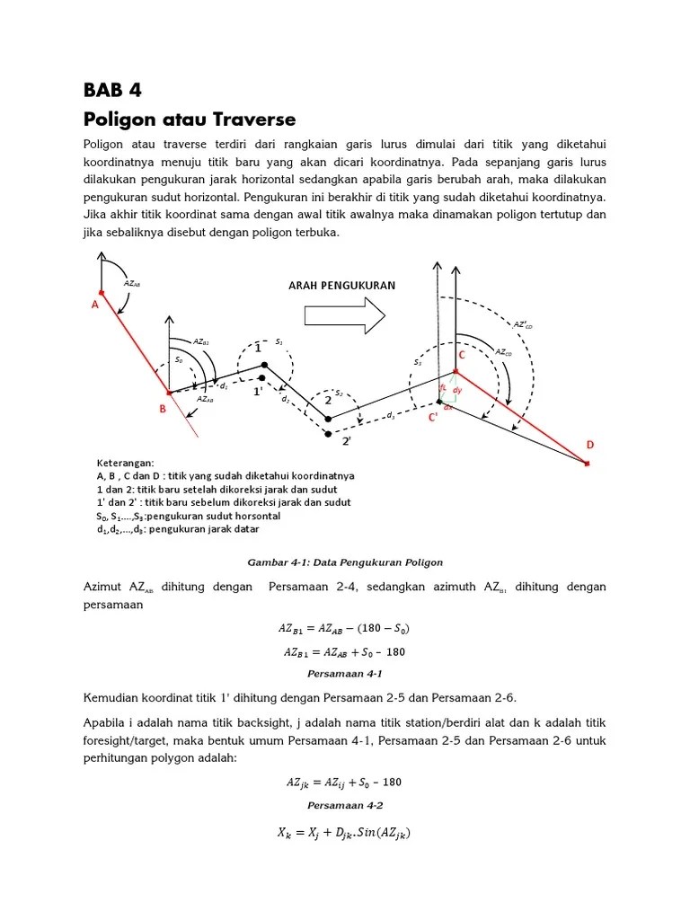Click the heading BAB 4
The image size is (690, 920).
pos(112,90)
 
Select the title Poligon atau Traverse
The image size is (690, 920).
pos(190,119)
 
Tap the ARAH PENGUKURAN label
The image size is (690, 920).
pos(341,286)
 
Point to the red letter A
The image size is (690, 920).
pos(94,305)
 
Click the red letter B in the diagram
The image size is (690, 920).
pos(162,410)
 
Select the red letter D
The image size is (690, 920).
pos(590,445)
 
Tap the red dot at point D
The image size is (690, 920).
pos(587,464)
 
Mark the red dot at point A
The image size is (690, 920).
pos(102,292)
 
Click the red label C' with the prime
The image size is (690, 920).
pos(432,417)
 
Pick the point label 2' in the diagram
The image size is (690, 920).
pos(346,441)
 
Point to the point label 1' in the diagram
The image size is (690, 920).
pos(258,392)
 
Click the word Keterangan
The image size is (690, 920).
pos(125,463)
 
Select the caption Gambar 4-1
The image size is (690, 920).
pos(345,562)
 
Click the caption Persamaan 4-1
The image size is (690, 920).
pos(345,672)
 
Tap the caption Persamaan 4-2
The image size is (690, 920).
pos(345,805)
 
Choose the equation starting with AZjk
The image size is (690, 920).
pos(345,782)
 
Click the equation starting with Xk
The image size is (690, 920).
pos(345,833)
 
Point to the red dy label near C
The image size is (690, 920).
pos(457,390)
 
